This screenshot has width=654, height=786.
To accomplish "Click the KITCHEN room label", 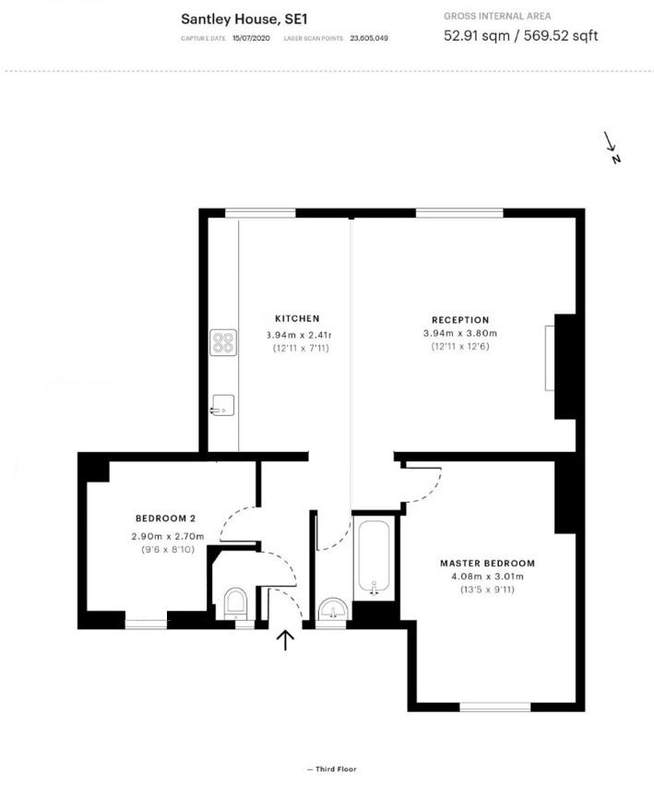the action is [297, 318].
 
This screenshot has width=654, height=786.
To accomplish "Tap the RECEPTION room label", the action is [460, 320].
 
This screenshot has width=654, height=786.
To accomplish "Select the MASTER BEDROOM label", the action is [487, 563].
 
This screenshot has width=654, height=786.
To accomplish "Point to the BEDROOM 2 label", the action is [165, 518].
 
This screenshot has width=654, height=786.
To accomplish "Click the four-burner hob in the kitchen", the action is [223, 342].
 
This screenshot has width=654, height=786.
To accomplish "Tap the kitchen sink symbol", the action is [222, 405].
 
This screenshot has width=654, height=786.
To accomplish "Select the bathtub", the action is [374, 557].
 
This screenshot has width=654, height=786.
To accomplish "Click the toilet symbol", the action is [235, 603].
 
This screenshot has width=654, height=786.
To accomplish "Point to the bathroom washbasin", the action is [333, 610].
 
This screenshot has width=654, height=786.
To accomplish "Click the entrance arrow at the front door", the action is [285, 640].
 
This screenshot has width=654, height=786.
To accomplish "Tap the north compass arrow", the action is [611, 142].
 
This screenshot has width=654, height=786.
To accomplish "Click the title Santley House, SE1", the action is [244, 19].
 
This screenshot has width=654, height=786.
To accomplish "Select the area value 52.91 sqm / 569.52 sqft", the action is [520, 36].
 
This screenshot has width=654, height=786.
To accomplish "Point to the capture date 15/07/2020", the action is [251, 38].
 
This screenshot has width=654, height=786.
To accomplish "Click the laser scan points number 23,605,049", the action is [369, 38].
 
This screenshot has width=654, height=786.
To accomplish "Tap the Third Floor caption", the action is [332, 769].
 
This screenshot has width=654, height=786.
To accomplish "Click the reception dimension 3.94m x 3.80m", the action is [460, 333].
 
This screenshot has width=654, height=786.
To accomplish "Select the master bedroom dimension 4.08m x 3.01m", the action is [487, 577].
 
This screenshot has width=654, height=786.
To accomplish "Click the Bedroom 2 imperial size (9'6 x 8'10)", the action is [168, 550].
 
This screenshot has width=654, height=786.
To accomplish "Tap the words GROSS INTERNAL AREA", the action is [497, 16].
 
